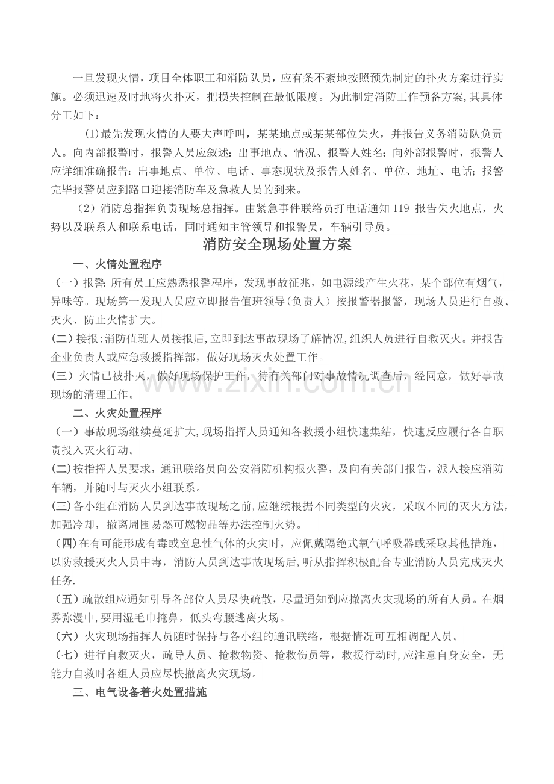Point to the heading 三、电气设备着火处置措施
pyautogui.click(x=140, y=693)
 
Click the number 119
pyautogui.click(x=400, y=210)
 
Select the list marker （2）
pyautogui.click(x=88, y=210)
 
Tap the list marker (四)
pyautogui.click(x=66, y=544)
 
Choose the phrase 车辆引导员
pyautogui.click(x=362, y=228)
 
